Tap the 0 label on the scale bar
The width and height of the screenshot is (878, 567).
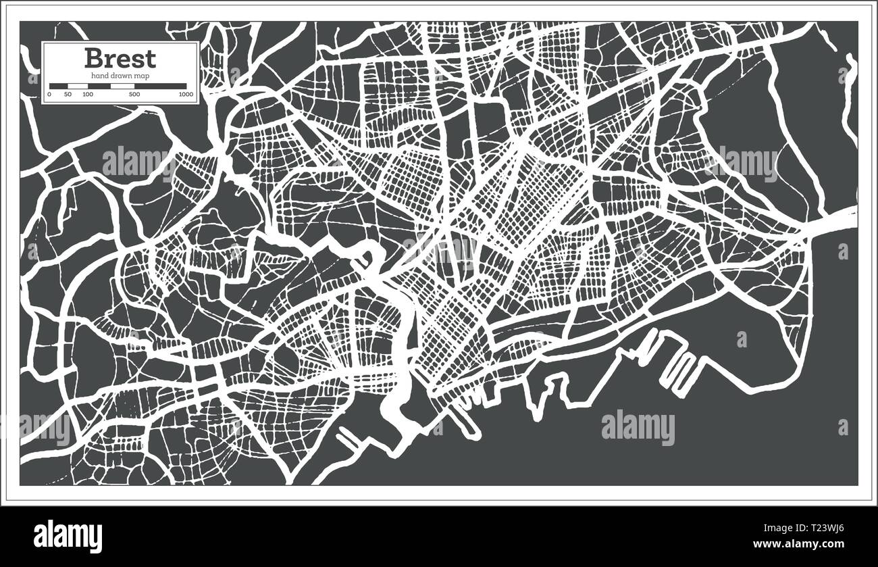pyautogui.click(x=49, y=95)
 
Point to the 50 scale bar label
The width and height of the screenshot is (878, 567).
pyautogui.click(x=68, y=95)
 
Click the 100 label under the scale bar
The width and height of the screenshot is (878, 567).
pyautogui.click(x=88, y=95)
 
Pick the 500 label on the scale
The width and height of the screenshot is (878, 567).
pyautogui.click(x=134, y=95)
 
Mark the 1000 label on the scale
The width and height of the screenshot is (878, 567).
pyautogui.click(x=186, y=95)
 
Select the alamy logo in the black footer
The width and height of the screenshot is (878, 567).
pyautogui.click(x=68, y=537)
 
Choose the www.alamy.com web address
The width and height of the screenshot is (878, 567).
pyautogui.click(x=804, y=544)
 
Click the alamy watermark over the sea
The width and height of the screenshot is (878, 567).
pyautogui.click(x=638, y=428)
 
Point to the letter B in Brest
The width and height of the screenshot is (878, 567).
pyautogui.click(x=94, y=58)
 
